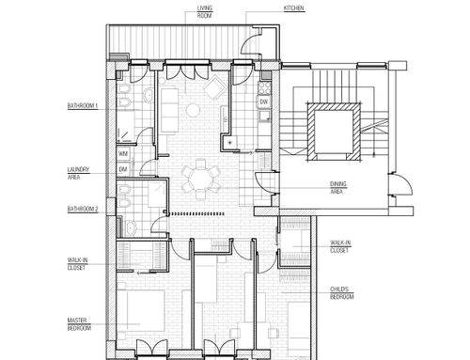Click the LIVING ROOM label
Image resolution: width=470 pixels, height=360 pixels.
205,11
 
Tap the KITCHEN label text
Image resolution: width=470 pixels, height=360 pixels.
294,8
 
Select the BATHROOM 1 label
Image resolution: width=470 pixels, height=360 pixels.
83,106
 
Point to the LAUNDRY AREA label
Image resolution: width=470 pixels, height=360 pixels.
78,173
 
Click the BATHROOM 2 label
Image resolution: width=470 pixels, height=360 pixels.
83,210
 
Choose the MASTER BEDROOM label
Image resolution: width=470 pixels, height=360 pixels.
79,324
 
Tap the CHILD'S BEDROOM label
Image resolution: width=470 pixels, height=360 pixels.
342,293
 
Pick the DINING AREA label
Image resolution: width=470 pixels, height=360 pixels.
338,188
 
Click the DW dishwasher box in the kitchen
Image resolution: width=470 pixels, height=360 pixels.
264,102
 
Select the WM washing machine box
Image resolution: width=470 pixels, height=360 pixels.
123,154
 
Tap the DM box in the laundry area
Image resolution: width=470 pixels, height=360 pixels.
123,169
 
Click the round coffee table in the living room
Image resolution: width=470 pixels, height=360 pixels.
193,110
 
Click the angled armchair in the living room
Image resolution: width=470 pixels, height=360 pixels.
215,87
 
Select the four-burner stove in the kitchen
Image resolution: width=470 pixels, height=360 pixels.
264,87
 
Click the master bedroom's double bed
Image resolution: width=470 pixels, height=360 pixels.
141,311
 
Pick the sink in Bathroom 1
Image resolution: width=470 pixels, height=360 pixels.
149,95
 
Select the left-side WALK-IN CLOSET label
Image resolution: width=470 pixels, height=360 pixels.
77,264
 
